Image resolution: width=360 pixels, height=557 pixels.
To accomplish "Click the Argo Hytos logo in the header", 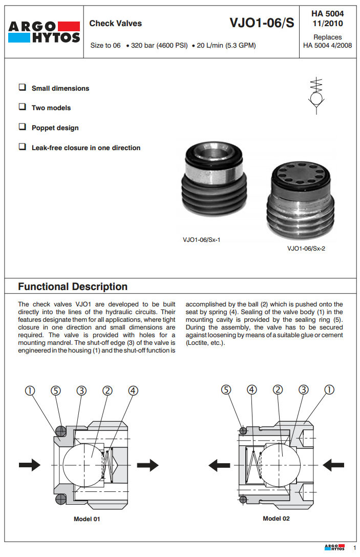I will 44,32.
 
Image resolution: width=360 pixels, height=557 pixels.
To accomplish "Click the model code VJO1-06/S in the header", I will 262,23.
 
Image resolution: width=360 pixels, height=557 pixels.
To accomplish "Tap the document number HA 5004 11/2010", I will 327,18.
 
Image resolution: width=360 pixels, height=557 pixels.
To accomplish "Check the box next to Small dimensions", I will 22,88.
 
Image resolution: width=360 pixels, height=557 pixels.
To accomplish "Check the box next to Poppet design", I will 22,127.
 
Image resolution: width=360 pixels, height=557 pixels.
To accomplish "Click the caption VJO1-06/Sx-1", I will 201,239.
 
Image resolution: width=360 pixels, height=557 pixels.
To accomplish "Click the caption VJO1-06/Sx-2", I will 306,249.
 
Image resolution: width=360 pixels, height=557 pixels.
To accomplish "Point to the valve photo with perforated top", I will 300,200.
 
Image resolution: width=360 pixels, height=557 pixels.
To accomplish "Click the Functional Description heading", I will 73,286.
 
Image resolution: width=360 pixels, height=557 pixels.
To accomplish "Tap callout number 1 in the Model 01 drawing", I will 31,390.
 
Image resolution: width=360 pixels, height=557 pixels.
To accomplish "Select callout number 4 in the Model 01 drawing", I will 133,390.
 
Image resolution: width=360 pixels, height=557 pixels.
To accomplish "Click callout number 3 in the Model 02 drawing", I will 304,389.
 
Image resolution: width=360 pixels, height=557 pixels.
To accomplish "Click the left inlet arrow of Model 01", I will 30,465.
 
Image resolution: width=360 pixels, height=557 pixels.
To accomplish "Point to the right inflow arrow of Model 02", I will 333,465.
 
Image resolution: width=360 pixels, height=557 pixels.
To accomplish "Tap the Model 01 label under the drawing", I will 87,519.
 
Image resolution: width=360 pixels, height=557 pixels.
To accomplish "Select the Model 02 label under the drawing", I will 276,519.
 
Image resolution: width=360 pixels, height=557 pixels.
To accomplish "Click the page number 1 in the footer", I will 354,548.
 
